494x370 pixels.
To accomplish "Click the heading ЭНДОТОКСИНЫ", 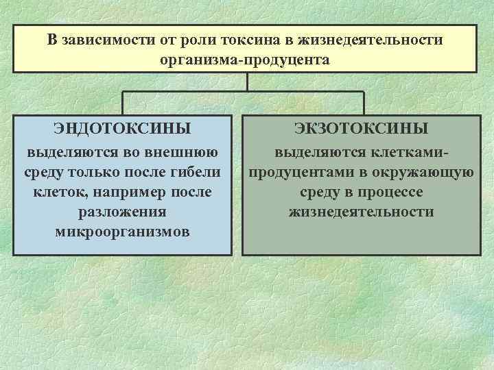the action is coord(122,129).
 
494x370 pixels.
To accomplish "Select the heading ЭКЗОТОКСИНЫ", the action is coord(361,129).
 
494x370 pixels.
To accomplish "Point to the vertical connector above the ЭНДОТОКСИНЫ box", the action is coord(122,102).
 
